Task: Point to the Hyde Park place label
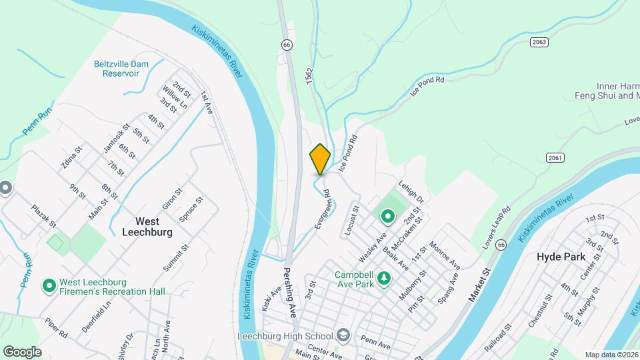(x=561, y=257)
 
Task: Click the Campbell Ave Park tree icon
(x=383, y=277)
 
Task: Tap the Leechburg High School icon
(x=343, y=335)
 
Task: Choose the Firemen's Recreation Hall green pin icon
(x=49, y=286)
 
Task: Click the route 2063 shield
(x=539, y=42)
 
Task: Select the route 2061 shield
(x=555, y=157)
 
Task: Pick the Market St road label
(x=479, y=283)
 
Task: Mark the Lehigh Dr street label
(x=411, y=191)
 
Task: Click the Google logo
(x=22, y=351)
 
